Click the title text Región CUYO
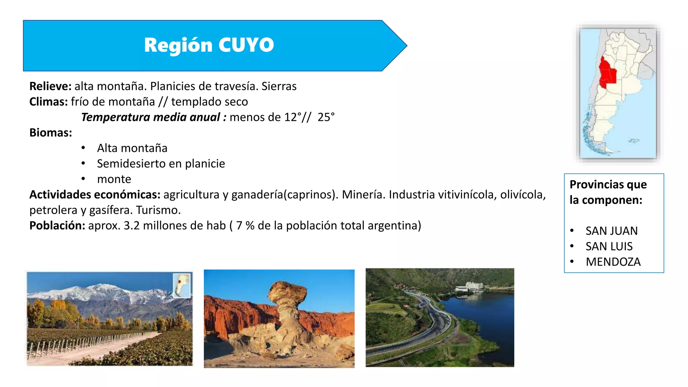209,45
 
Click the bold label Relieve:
50,86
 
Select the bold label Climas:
49,102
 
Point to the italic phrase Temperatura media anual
150,117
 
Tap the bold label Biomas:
51,133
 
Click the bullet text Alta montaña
132,148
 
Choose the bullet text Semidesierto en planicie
161,164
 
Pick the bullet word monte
114,179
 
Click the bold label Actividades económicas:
95,195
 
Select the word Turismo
158,210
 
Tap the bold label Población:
57,225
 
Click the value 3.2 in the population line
131,225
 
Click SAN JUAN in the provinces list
611,231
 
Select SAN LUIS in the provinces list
609,246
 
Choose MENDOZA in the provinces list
613,262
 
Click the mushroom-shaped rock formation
287,302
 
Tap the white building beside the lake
469,286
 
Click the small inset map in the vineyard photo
181,285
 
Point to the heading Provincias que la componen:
608,192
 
